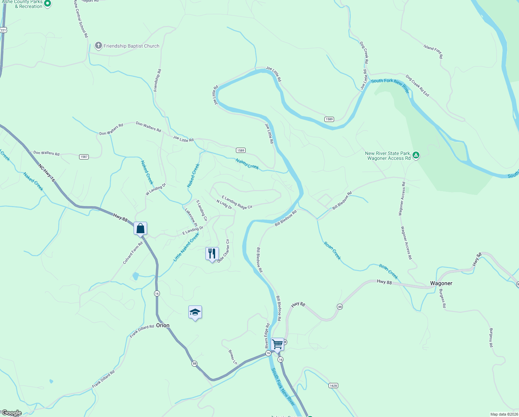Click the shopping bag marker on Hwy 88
pos(141,228)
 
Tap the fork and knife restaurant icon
pos(212,254)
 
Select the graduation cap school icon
pos(195,312)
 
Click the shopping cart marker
pos(277,344)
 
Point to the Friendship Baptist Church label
pos(131,46)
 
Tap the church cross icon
pos(99,46)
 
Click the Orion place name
pos(163,325)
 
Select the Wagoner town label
pos(441,283)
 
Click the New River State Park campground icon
pos(416,155)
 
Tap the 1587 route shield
pos(84,157)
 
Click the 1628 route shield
pos(333,385)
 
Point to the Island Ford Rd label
pos(433,51)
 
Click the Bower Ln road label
pos(233,357)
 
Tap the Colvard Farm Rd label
pos(133,253)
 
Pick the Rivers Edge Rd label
pos(267,336)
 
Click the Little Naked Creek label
pos(186,247)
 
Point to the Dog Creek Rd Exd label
pos(417,86)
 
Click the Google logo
pos(12,413)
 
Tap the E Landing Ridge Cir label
pos(237,202)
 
